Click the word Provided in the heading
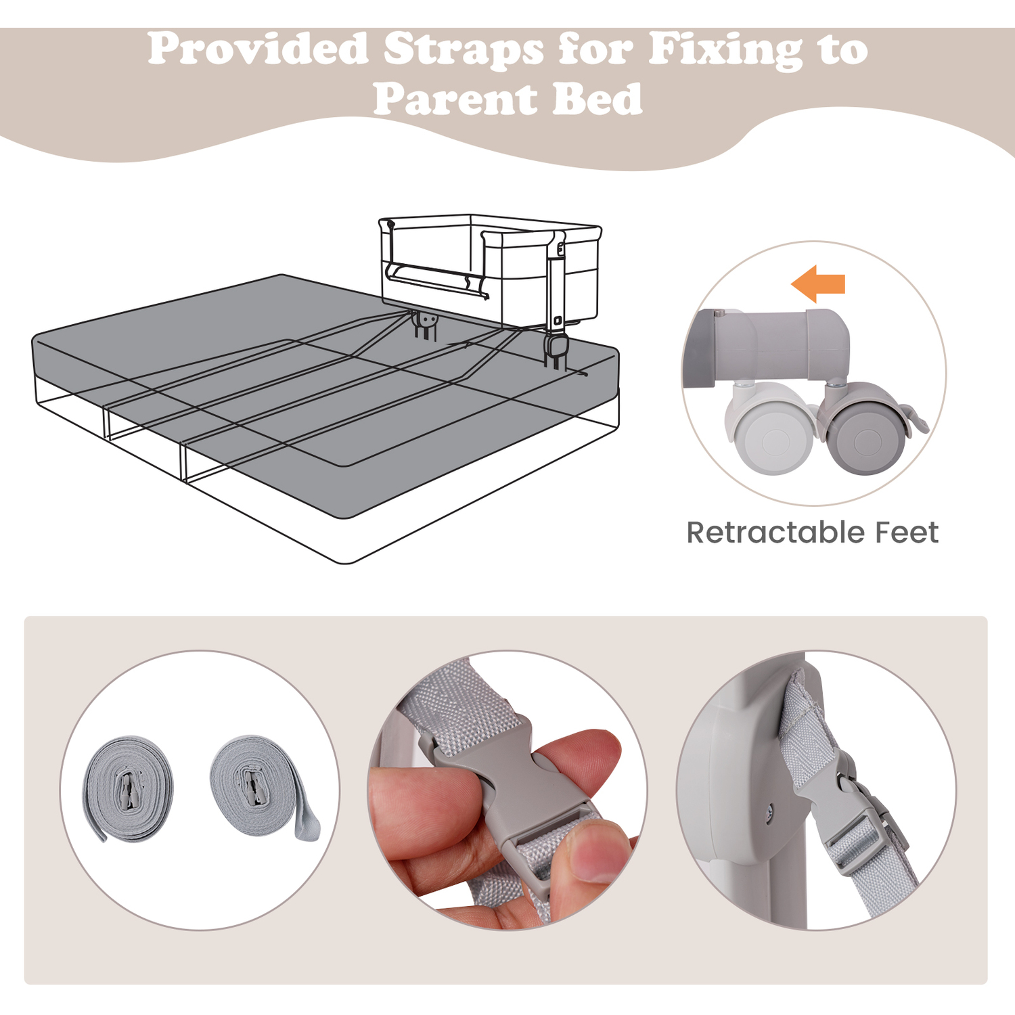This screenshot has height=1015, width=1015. click(x=257, y=49)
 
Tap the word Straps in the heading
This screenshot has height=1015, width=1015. click(x=464, y=51)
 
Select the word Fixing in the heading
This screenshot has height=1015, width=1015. click(x=725, y=51)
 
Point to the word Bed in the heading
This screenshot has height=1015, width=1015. click(x=597, y=99)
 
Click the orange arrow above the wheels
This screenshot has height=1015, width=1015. click(x=818, y=284)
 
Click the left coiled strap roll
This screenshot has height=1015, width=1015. click(x=129, y=789)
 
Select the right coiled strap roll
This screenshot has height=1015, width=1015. click(x=264, y=788)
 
